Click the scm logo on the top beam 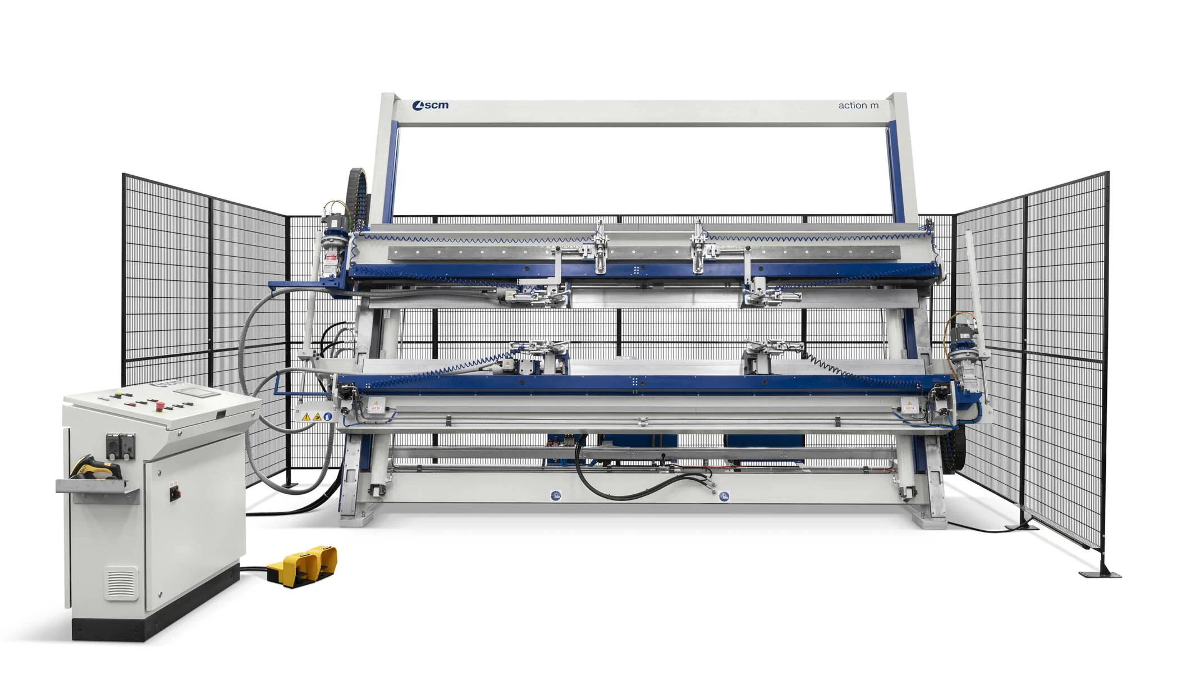point(431,106)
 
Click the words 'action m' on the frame point(858,106)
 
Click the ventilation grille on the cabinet point(121,583)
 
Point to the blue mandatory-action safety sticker point(328,417)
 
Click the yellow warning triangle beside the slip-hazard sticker point(306,417)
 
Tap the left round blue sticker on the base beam point(555,495)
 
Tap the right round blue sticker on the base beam point(724,497)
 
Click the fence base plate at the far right point(1100,573)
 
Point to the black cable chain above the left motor point(356,191)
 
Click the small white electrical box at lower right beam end point(908,406)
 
